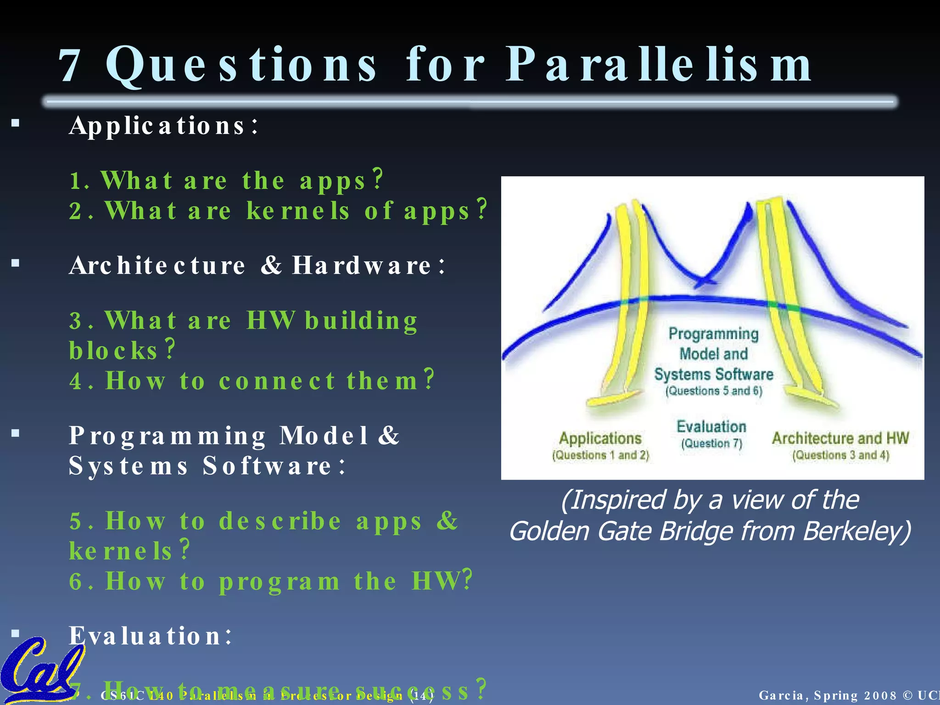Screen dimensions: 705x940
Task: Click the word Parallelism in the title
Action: coord(659,65)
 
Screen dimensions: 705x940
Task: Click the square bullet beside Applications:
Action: coord(16,123)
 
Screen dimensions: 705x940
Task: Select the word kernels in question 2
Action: coord(298,211)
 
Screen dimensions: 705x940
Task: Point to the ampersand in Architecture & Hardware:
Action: coord(271,265)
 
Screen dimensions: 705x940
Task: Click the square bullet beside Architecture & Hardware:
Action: coord(16,263)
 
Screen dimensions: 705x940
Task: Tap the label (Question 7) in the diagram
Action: coord(711,444)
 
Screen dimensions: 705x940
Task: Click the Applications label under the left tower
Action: coord(600,438)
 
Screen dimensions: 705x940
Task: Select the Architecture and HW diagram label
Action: coord(840,438)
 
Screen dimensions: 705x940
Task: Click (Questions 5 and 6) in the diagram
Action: coord(714,391)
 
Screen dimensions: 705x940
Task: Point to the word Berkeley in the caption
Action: coord(856,532)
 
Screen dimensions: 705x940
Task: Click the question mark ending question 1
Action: coord(378,179)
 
